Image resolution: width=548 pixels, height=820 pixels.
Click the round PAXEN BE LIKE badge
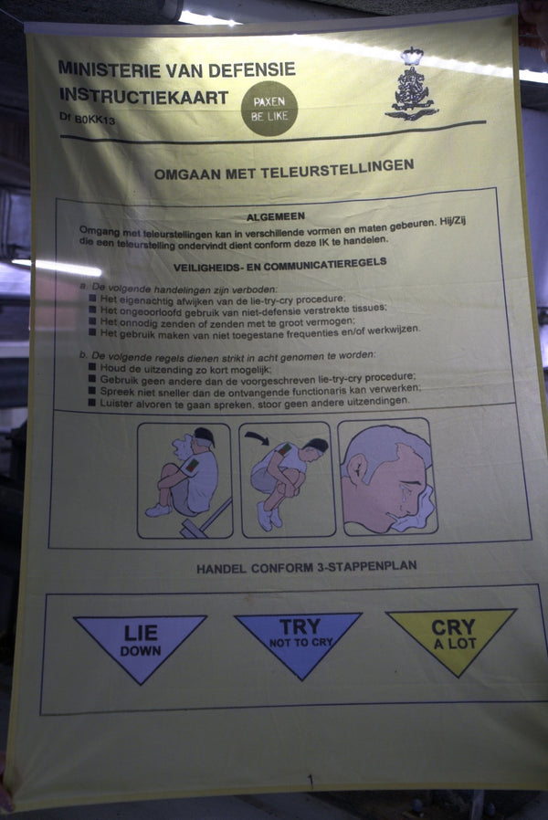click(269, 108)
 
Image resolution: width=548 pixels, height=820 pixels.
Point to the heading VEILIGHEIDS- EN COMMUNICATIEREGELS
click(279, 263)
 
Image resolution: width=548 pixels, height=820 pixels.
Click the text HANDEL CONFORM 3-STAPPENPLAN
click(306, 567)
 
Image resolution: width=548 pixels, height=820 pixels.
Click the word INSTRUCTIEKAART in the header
click(143, 95)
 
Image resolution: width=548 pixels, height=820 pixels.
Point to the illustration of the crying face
click(387, 478)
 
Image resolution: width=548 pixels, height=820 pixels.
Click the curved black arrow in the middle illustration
click(258, 438)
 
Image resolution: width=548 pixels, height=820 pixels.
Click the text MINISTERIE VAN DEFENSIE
click(176, 68)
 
